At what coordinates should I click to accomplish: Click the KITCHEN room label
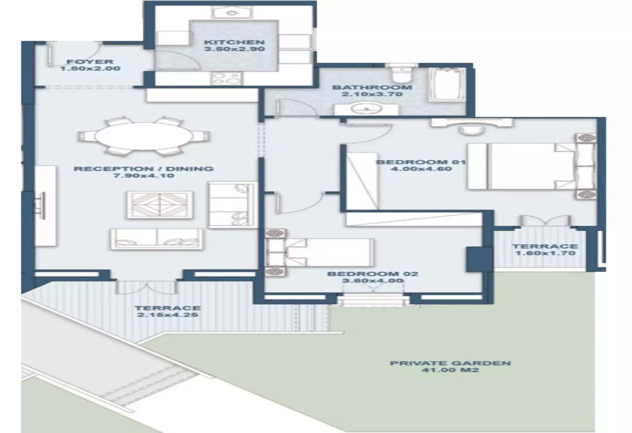click(x=234, y=42)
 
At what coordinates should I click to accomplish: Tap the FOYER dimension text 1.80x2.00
click(x=90, y=68)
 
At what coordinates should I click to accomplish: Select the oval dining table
click(x=144, y=136)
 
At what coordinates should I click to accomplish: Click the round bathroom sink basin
click(x=366, y=108)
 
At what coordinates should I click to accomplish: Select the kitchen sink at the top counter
click(x=232, y=13)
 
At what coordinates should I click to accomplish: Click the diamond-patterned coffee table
click(x=160, y=205)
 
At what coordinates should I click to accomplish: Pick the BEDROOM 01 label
click(x=421, y=162)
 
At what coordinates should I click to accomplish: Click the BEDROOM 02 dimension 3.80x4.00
click(x=373, y=281)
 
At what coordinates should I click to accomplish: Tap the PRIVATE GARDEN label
click(x=450, y=363)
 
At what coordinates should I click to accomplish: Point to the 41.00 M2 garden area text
click(x=450, y=370)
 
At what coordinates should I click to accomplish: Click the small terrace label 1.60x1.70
click(x=545, y=253)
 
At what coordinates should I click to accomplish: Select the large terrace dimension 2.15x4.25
click(x=168, y=315)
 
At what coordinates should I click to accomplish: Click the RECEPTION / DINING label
click(x=144, y=169)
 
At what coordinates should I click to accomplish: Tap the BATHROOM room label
click(x=372, y=87)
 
